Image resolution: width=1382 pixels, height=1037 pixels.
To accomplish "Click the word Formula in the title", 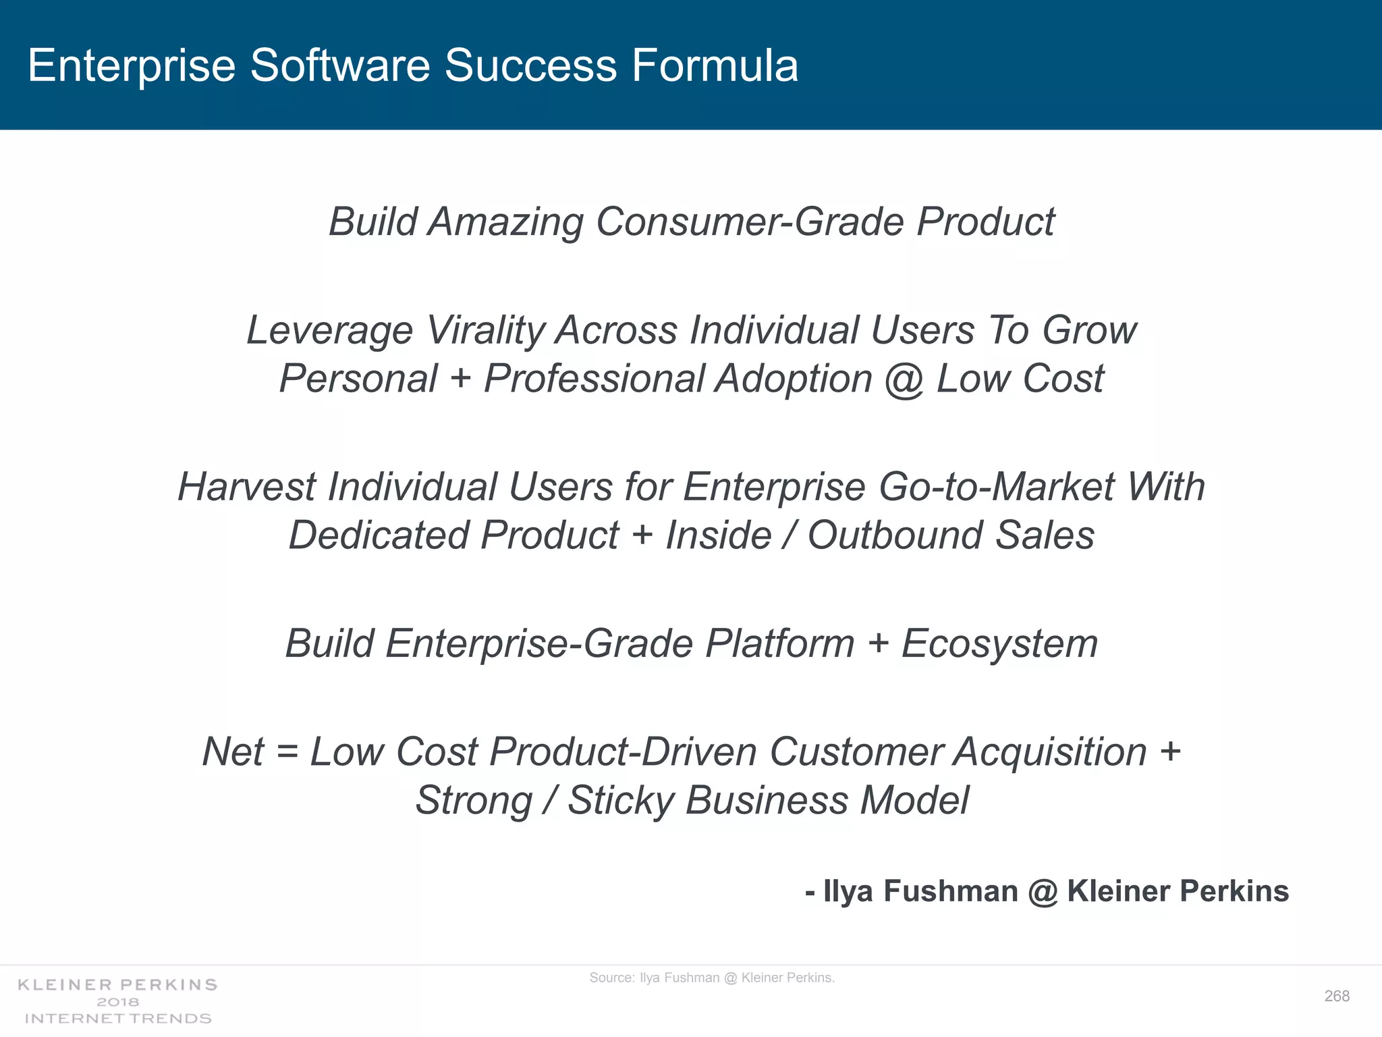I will [715, 66].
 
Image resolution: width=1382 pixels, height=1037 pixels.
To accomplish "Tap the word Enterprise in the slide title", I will [132, 66].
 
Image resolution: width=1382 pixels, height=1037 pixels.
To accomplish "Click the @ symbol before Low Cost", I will [904, 379].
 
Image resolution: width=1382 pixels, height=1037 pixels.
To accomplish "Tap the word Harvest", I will [246, 487].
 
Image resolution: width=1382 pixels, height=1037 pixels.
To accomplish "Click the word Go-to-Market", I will [996, 487].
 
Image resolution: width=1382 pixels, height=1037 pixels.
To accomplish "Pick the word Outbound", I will [895, 535].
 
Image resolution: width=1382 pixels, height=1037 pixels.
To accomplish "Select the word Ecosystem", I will [999, 643].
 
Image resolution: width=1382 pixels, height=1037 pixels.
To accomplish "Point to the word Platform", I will [779, 643].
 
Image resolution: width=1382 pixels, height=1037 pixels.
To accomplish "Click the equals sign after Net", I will [287, 752].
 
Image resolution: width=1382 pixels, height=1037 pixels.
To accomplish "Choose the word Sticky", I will [621, 801].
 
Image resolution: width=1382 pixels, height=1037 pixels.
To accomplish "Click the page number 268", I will [1337, 996].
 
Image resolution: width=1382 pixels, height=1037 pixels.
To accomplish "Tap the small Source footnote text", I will [712, 978].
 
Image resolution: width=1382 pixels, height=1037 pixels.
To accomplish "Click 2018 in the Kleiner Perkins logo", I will [118, 1002].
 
